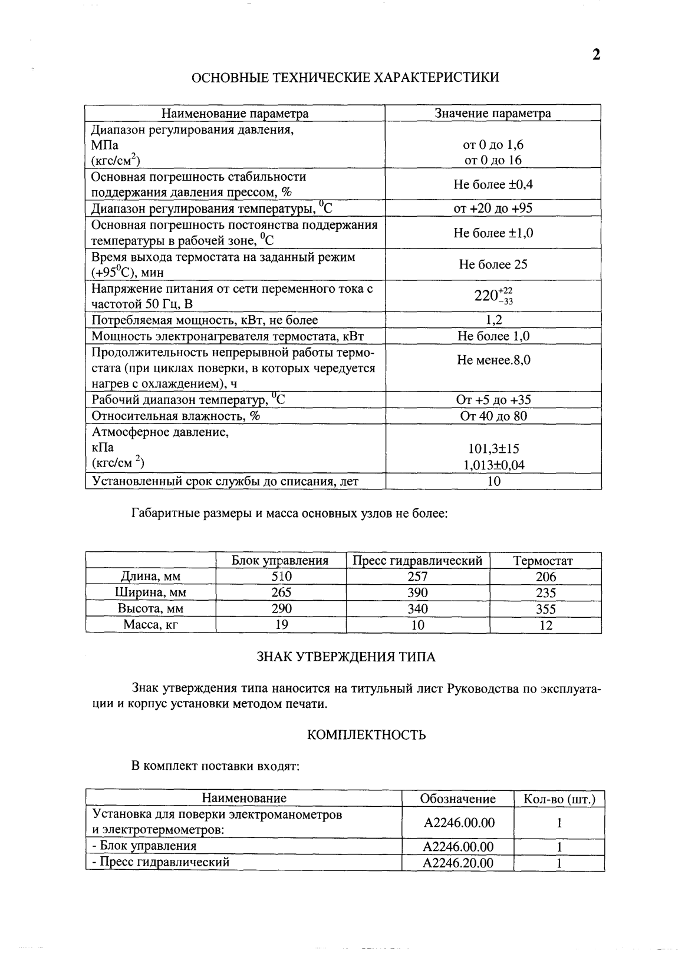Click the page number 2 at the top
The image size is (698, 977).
click(x=596, y=55)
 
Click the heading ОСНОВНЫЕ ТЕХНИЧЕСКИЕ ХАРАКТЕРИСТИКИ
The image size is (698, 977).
click(x=347, y=77)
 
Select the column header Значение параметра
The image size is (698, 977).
click(x=493, y=113)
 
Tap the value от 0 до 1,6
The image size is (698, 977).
click(x=493, y=145)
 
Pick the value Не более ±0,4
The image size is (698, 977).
click(x=493, y=184)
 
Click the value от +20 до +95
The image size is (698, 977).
click(x=493, y=208)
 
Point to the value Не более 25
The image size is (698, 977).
click(x=493, y=264)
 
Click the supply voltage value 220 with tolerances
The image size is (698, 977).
click(x=493, y=296)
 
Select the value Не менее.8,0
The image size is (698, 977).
click(x=493, y=360)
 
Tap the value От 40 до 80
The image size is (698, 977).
click(x=493, y=416)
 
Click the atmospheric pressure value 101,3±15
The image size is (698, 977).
click(x=493, y=449)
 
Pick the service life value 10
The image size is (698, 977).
click(x=494, y=481)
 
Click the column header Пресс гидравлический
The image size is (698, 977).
click(x=417, y=561)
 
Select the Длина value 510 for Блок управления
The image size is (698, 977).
click(x=281, y=577)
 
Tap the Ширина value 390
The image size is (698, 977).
click(x=417, y=592)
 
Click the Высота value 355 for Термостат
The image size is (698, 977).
click(x=546, y=609)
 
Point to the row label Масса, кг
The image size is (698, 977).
click(x=150, y=625)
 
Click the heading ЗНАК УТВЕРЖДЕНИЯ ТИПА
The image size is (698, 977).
click(x=346, y=657)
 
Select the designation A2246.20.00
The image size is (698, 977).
click(x=458, y=863)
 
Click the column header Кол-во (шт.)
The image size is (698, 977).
click(x=559, y=799)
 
